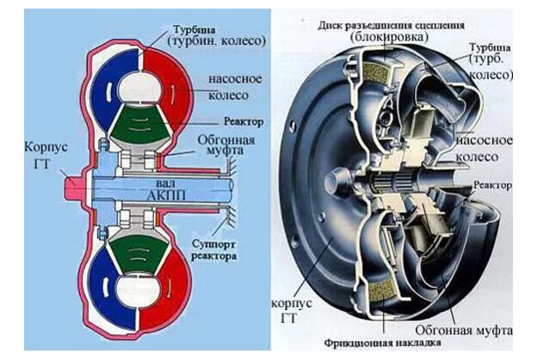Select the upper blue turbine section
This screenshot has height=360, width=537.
112,82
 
